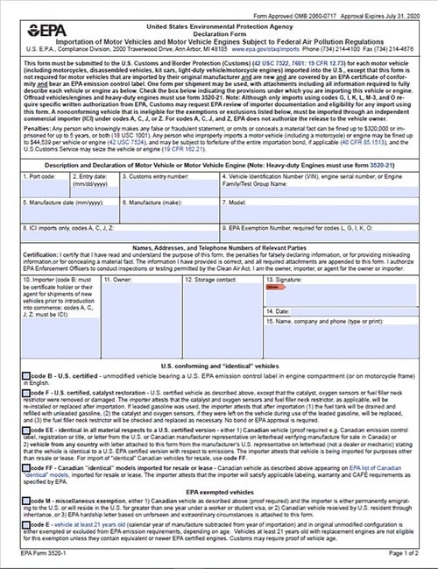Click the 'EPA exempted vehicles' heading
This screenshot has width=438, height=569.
click(218, 493)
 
